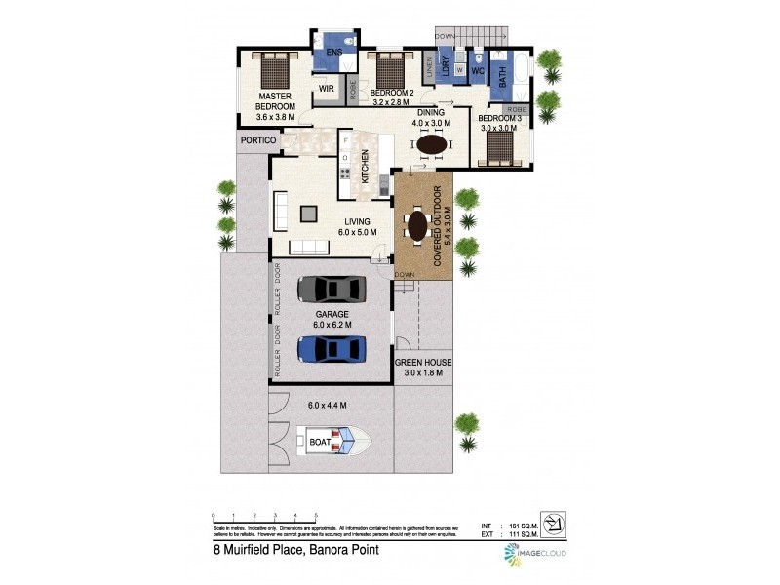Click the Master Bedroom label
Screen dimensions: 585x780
[276, 102]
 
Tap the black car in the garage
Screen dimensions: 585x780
[331, 290]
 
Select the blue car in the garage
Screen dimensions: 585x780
[331, 348]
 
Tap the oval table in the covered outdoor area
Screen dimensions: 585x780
[417, 226]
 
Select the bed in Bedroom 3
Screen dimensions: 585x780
[501, 149]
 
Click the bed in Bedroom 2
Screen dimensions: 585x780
[390, 70]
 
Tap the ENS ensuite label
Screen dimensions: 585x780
[333, 51]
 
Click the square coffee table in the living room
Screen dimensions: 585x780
[310, 213]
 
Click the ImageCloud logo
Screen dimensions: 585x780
[535, 554]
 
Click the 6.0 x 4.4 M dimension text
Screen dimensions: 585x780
[327, 405]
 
